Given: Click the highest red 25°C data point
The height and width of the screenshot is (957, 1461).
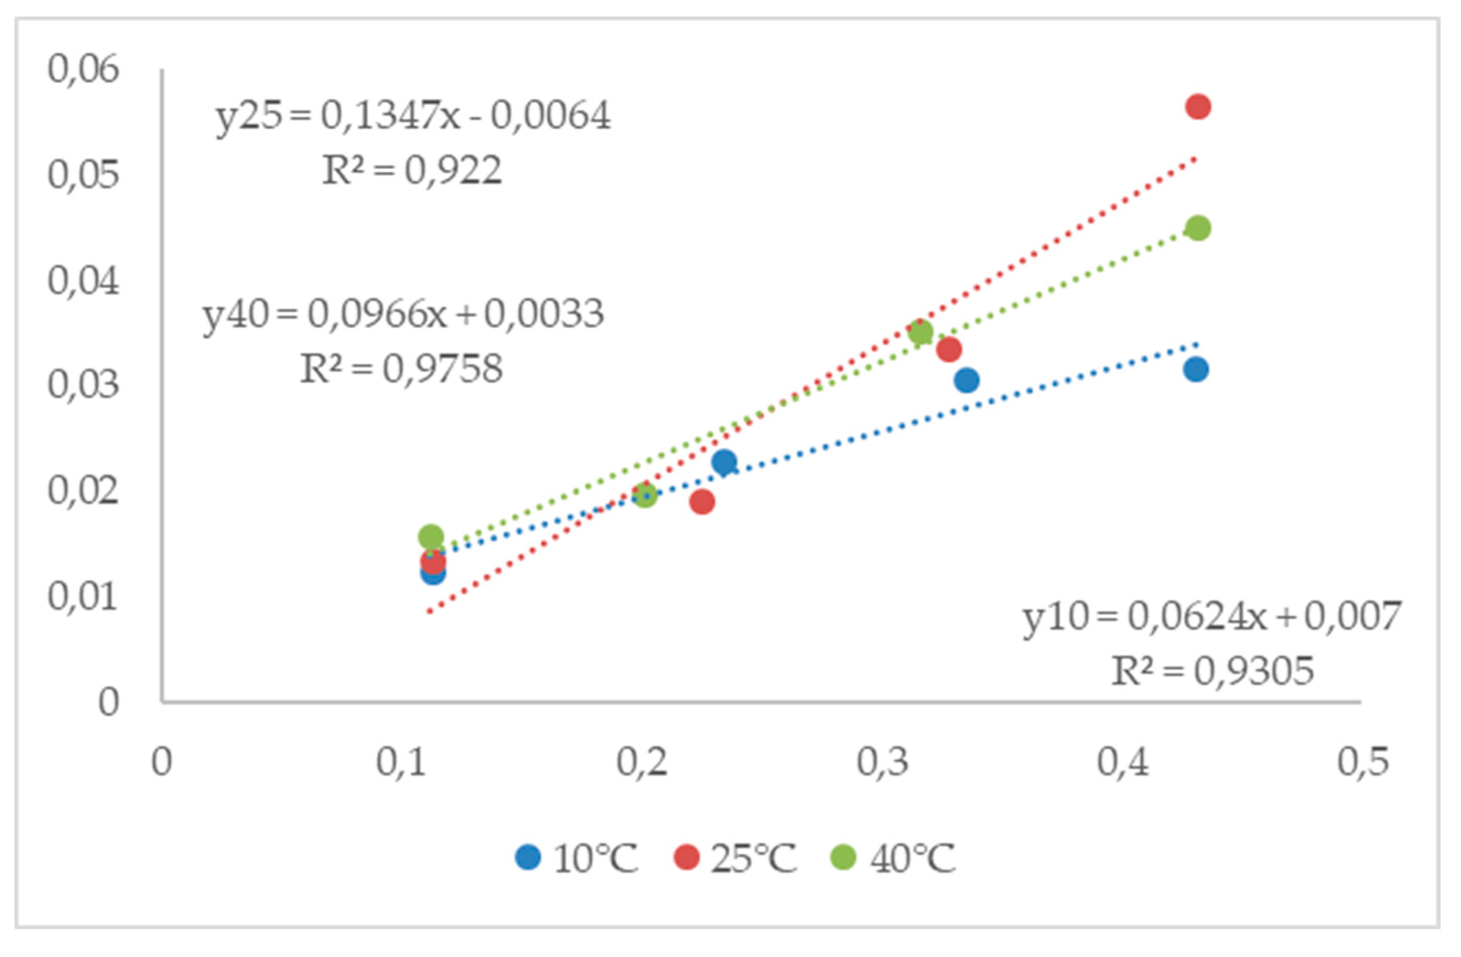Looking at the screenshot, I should click(1198, 107).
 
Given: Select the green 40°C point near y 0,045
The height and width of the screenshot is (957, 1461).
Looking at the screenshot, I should click(1198, 228).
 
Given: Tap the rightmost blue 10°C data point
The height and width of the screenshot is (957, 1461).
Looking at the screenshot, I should click(1196, 370).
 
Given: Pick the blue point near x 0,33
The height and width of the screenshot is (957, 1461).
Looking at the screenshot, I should click(966, 380).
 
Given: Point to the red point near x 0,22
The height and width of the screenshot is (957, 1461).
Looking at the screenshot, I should click(702, 502).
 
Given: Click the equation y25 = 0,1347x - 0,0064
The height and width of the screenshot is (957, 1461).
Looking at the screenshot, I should click(413, 116).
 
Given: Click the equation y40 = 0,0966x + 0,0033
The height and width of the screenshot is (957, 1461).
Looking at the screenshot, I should click(403, 315).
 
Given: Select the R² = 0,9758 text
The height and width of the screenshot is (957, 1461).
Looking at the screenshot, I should click(401, 369).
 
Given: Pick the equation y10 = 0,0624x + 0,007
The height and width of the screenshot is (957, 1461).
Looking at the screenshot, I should click(1212, 617).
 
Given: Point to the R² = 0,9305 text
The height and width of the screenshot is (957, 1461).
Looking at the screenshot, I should click(1212, 671).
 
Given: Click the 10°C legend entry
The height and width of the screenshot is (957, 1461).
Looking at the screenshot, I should click(577, 858).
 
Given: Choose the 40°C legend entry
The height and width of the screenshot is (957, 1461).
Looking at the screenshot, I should click(893, 858).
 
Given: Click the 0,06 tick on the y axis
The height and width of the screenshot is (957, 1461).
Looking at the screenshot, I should click(83, 69).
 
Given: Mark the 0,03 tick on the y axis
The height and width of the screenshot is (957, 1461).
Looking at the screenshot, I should click(83, 386).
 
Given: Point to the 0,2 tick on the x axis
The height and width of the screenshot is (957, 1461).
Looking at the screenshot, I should click(641, 762).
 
